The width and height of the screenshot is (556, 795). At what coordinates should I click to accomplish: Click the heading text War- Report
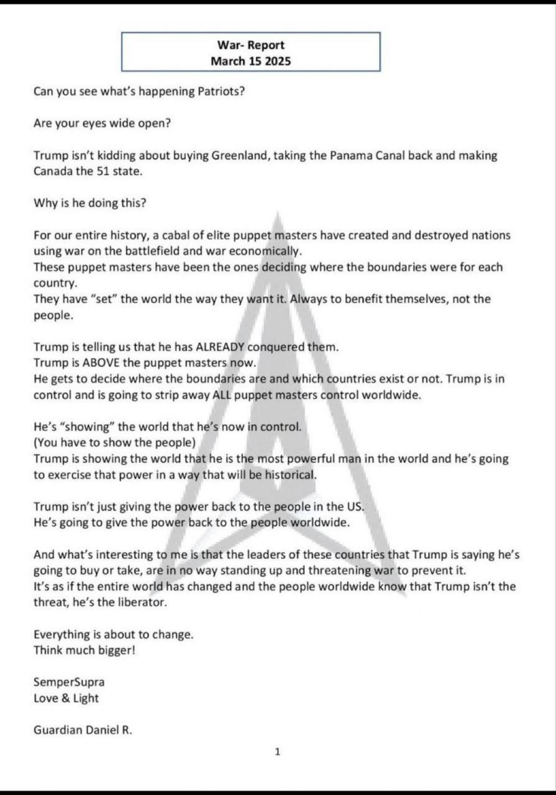[250, 45]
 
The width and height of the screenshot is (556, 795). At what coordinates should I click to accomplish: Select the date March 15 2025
[250, 61]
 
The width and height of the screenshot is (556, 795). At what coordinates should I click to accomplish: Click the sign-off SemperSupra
[69, 682]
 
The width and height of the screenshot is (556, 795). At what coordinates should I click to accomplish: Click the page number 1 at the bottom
[278, 752]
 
